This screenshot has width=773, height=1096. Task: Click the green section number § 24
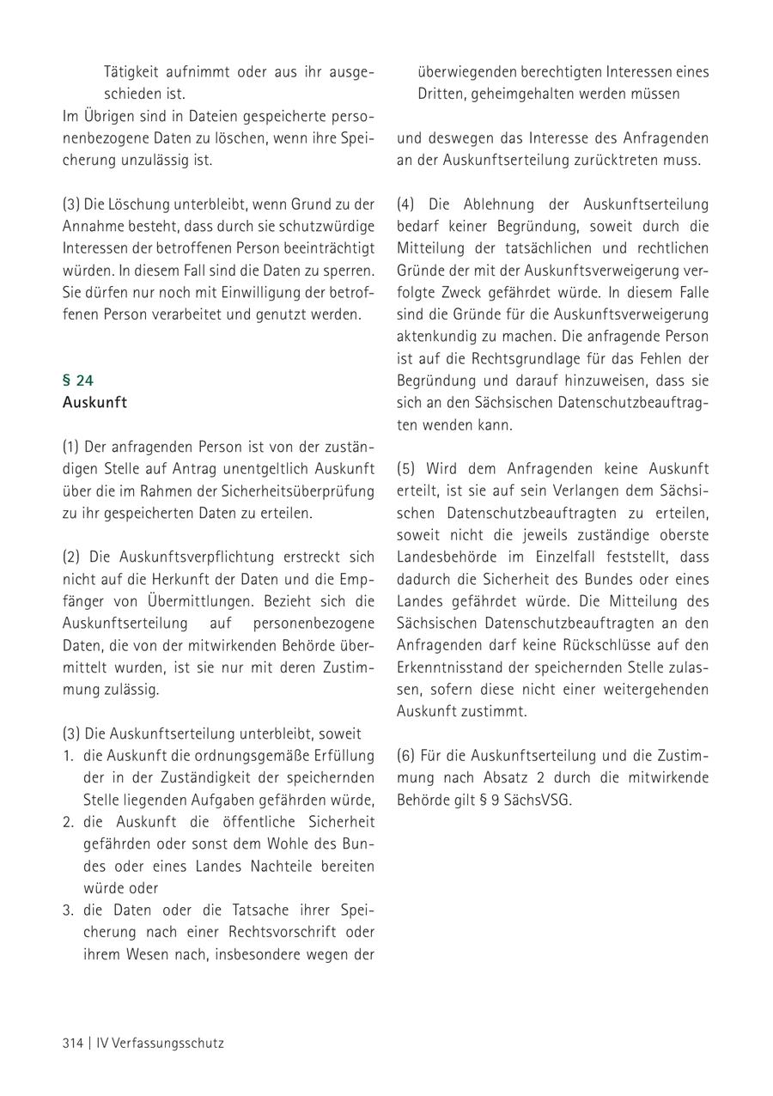click(x=78, y=381)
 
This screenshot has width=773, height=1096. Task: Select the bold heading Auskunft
click(x=94, y=403)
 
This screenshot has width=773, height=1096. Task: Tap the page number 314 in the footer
click(x=72, y=1044)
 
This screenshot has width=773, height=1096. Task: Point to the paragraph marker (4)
click(x=405, y=204)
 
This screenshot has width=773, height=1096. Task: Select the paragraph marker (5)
click(x=405, y=469)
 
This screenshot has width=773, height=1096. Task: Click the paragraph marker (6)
click(x=405, y=756)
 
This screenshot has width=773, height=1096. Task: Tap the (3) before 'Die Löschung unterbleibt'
click(x=71, y=204)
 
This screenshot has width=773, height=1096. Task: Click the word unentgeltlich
click(x=264, y=469)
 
